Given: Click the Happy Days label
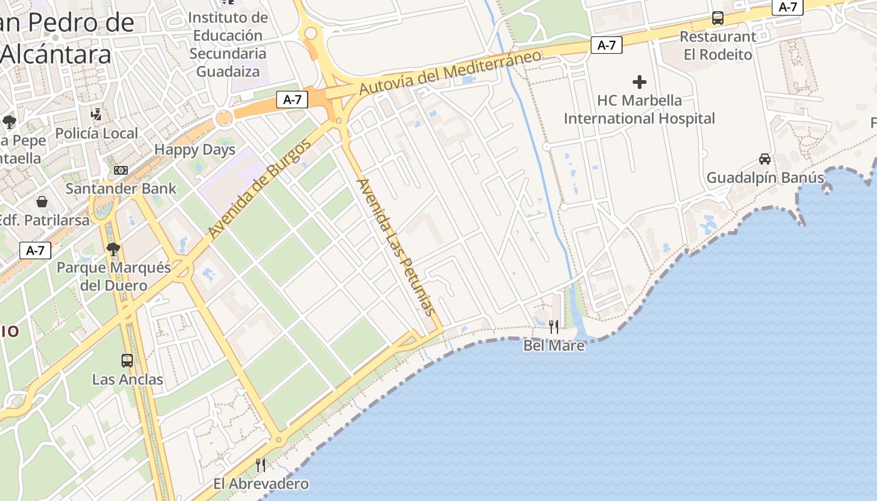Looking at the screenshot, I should (195, 150).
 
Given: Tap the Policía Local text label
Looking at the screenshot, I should (96, 133).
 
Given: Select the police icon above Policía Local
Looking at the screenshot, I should (96, 114).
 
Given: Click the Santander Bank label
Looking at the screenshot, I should (110, 189).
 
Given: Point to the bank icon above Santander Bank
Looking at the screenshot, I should (120, 170).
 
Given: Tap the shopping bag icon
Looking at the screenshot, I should (42, 202).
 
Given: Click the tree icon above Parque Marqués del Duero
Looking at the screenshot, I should (113, 249).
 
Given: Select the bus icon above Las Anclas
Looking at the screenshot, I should (127, 361).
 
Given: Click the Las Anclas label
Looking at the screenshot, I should (127, 380).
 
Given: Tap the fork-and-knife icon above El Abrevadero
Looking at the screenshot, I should (261, 465).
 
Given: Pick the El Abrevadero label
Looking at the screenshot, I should (261, 484).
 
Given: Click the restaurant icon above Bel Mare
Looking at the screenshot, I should (554, 326).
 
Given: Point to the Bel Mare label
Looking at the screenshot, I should (554, 346).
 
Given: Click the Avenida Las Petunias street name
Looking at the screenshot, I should (395, 247).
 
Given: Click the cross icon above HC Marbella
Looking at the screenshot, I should (639, 82).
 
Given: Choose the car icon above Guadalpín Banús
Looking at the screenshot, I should (765, 159).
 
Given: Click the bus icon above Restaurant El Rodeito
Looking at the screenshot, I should (718, 18).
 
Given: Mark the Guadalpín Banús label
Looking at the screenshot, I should (765, 178).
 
